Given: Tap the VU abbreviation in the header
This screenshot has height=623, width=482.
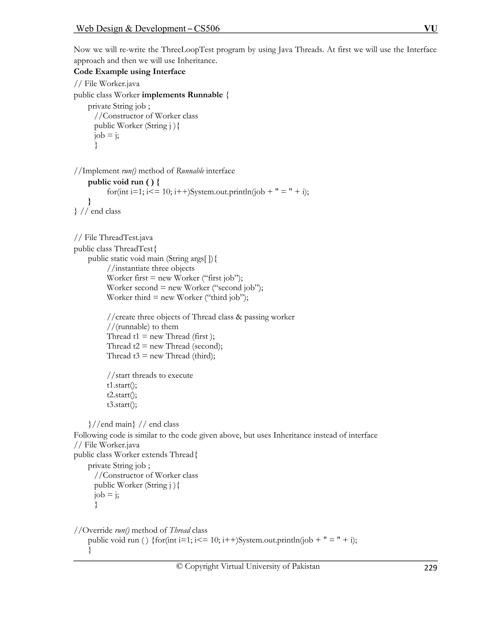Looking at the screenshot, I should [x=431, y=28].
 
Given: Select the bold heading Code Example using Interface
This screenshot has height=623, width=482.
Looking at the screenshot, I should [x=129, y=72].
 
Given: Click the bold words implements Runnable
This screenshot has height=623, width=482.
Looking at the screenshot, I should [x=182, y=95].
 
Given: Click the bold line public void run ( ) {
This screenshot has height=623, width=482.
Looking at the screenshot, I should [x=123, y=182].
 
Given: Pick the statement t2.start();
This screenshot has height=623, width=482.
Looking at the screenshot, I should [x=122, y=395].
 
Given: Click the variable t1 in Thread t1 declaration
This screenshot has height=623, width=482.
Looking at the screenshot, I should [x=136, y=337].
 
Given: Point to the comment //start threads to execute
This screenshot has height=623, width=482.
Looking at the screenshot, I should [x=150, y=375].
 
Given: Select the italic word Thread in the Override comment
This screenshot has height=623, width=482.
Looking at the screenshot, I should [x=180, y=530].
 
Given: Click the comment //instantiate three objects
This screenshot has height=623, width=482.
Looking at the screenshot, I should [x=150, y=268].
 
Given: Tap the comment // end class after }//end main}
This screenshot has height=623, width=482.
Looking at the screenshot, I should [x=159, y=424].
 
